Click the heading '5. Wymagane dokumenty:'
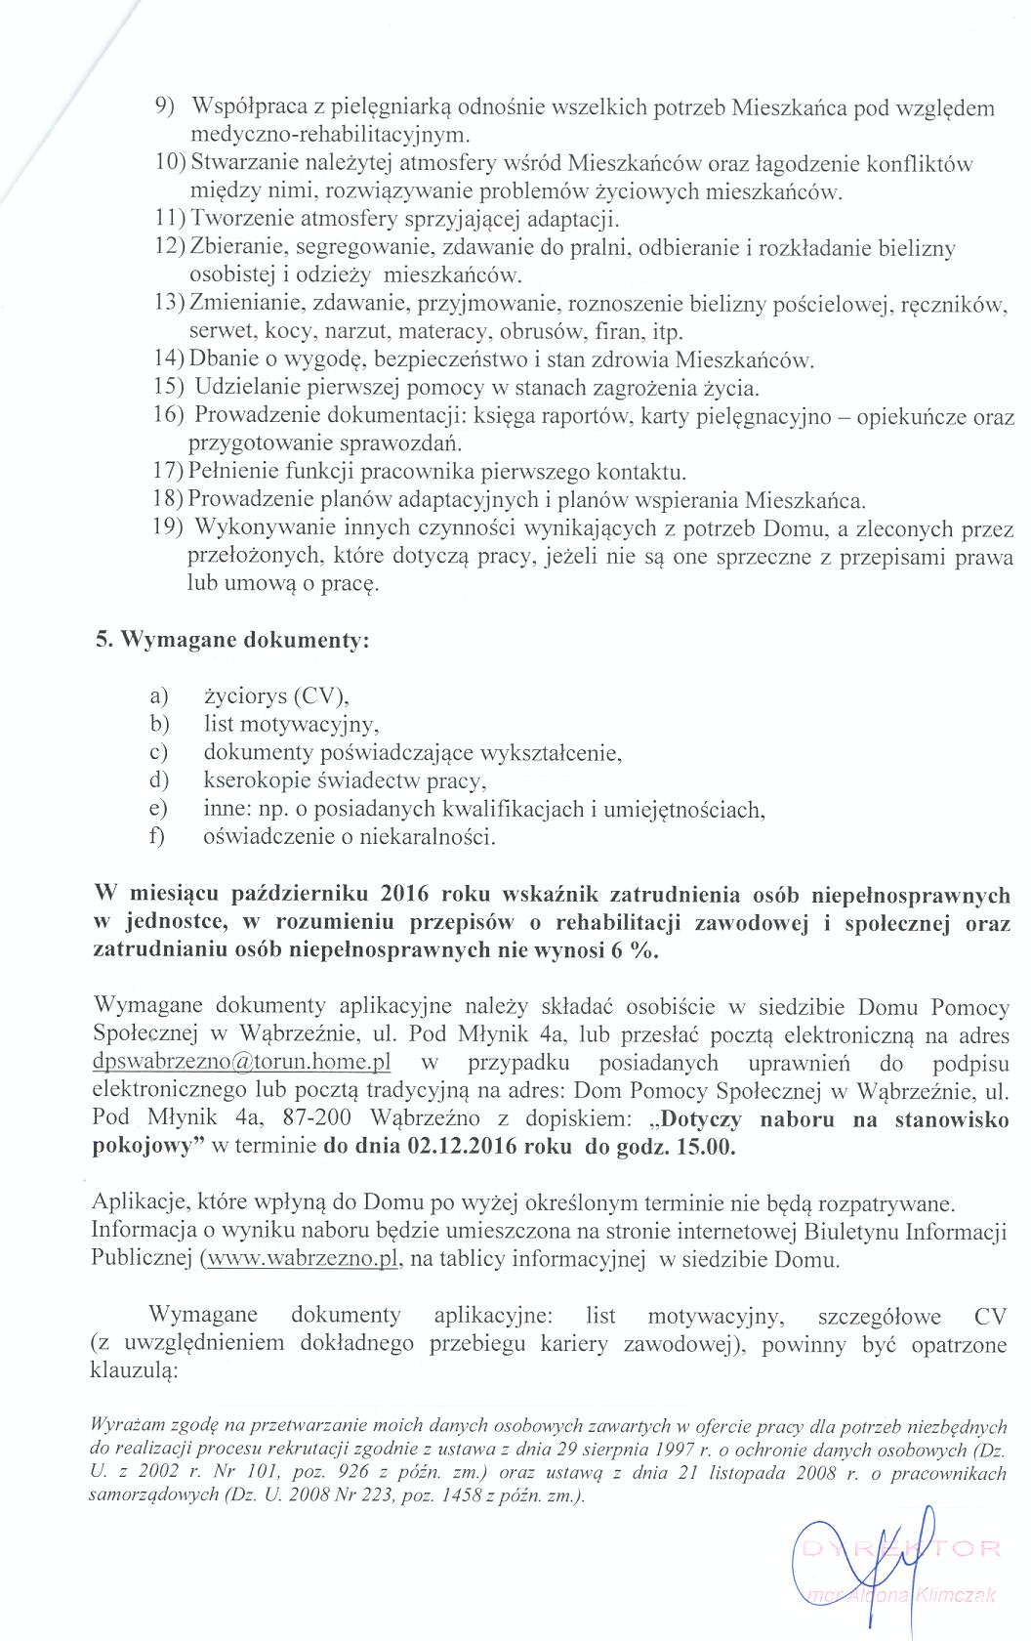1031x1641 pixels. (x=232, y=642)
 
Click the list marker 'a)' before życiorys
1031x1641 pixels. (x=159, y=696)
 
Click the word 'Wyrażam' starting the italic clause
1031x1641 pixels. (x=118, y=1425)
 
